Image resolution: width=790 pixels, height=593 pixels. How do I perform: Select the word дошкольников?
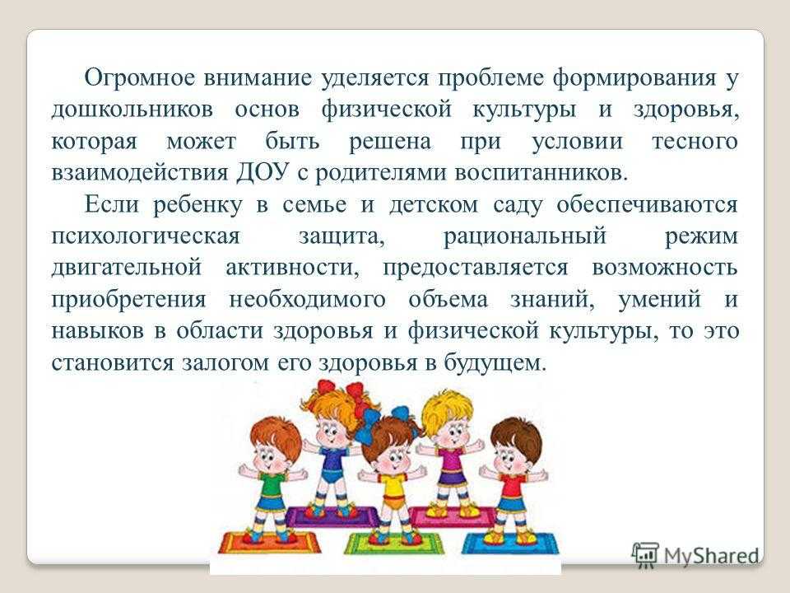pos(132,110)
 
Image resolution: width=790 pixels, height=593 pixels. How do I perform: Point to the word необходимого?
pos(307,300)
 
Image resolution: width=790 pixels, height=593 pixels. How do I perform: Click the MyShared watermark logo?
pos(696,556)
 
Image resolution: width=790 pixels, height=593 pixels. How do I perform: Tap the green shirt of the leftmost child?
pos(272,484)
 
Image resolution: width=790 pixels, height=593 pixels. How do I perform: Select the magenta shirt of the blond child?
pos(453,461)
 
